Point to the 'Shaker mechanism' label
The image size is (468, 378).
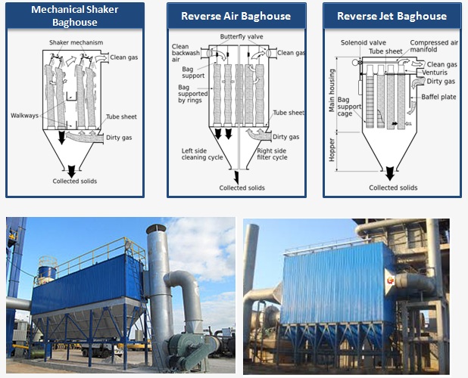(x=76, y=42)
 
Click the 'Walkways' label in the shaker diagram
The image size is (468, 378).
(x=25, y=116)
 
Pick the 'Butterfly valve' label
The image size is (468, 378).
(x=241, y=36)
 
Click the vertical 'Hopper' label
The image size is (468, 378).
(x=331, y=150)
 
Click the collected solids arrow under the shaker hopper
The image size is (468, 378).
(x=73, y=169)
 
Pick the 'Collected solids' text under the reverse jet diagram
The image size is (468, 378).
(x=393, y=187)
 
